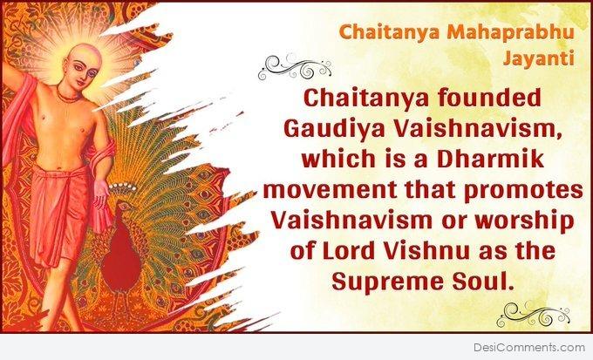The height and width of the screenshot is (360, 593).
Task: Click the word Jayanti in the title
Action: point(539,58)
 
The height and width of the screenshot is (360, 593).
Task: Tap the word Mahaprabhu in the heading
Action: point(510,31)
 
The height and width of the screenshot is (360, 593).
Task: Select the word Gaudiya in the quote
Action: point(329,129)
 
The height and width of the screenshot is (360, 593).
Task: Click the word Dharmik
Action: point(490,159)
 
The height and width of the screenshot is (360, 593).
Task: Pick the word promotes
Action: point(523,190)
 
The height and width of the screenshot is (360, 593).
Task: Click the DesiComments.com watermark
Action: point(529,347)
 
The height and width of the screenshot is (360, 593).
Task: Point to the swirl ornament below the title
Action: point(295,67)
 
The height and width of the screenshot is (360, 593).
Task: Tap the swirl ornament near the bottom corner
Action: point(533,315)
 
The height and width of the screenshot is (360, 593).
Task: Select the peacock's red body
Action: point(121,261)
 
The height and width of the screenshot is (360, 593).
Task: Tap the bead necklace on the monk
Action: point(69,94)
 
